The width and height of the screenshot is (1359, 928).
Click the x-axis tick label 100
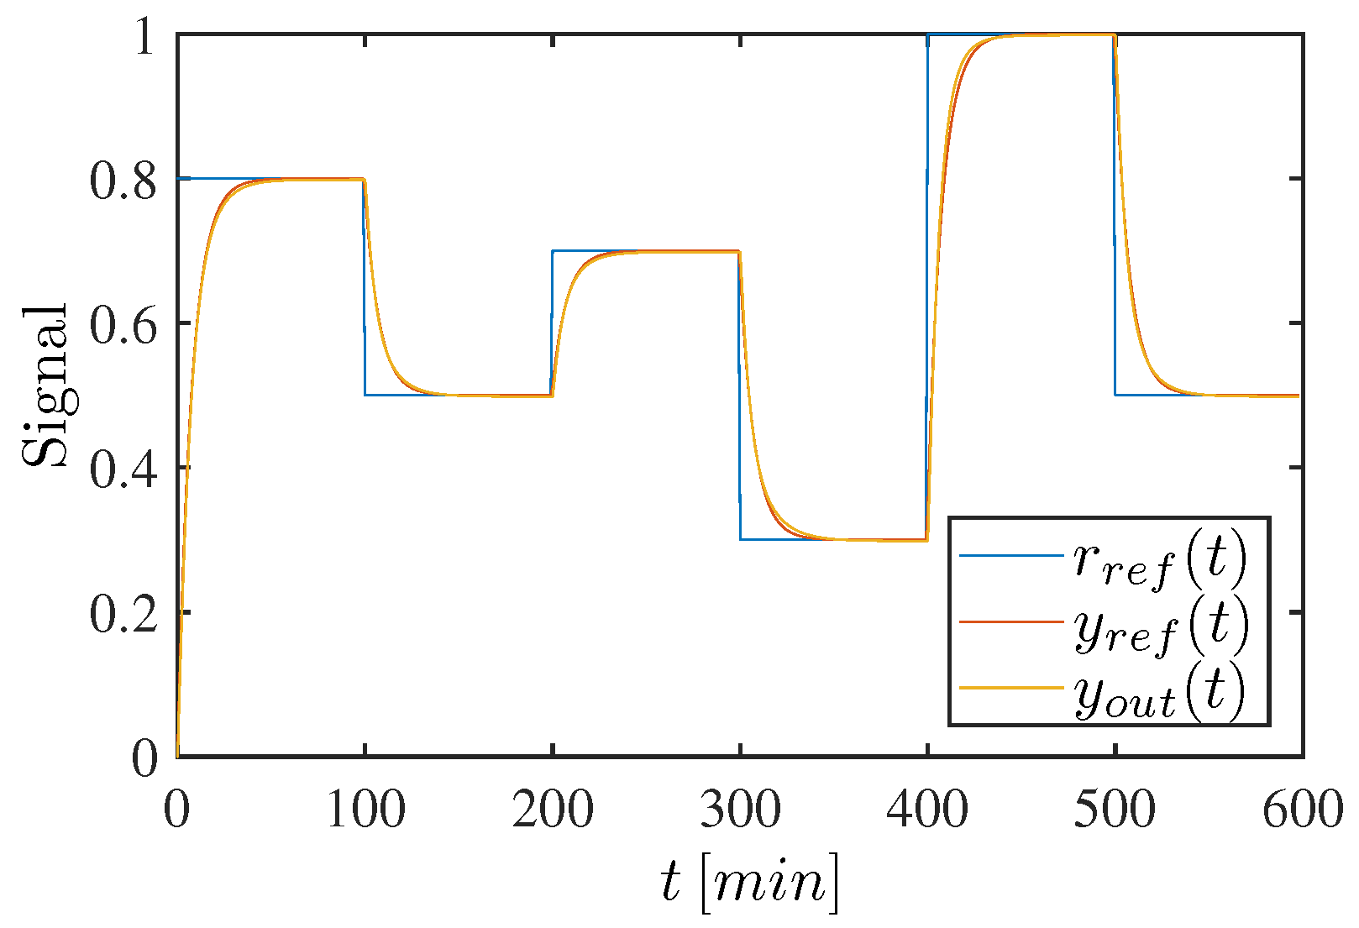pyautogui.click(x=365, y=811)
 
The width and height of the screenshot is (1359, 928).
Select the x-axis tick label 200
pyautogui.click(x=553, y=811)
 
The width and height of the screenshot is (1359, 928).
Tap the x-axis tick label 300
pyautogui.click(x=740, y=811)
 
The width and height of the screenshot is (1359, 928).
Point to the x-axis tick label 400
pyautogui.click(x=927, y=811)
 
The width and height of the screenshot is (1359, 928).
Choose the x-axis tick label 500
pyautogui.click(x=1115, y=811)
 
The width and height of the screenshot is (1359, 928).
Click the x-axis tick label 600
pyautogui.click(x=1303, y=811)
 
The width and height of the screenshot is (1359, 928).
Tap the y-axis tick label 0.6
pyautogui.click(x=123, y=325)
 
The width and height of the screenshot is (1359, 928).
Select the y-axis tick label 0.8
pyautogui.click(x=123, y=181)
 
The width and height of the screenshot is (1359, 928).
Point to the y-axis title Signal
pyautogui.click(x=45, y=385)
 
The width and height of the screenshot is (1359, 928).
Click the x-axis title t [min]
pyautogui.click(x=748, y=883)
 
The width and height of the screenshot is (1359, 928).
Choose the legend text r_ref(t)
pyautogui.click(x=1160, y=558)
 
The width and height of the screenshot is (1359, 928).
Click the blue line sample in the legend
pyautogui.click(x=1011, y=555)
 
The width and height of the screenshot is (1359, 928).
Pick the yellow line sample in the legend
pyautogui.click(x=1011, y=688)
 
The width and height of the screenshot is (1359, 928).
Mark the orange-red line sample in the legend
pyautogui.click(x=1011, y=621)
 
